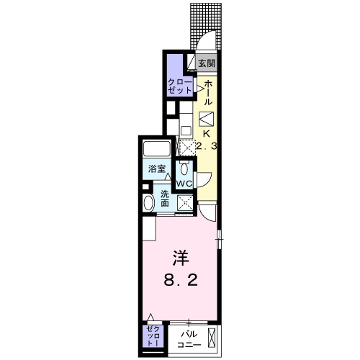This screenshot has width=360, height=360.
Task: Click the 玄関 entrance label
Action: [x=206, y=63]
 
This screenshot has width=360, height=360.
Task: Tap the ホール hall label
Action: [x=209, y=94]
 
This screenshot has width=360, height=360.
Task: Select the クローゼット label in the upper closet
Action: [x=179, y=88]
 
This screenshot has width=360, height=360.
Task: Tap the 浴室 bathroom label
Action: [x=157, y=169]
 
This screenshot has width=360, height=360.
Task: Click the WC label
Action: [x=184, y=184]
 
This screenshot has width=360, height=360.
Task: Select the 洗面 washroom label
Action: [x=165, y=197]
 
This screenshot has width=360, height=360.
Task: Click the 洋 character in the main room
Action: [x=180, y=257]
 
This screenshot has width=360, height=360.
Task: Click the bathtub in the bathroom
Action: [x=156, y=150]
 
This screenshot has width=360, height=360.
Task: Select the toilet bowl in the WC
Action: [x=185, y=170]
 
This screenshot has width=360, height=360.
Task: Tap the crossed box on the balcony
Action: [x=212, y=338]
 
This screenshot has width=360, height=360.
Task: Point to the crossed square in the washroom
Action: [x=184, y=204]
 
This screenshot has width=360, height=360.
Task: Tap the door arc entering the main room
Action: [x=207, y=213]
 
